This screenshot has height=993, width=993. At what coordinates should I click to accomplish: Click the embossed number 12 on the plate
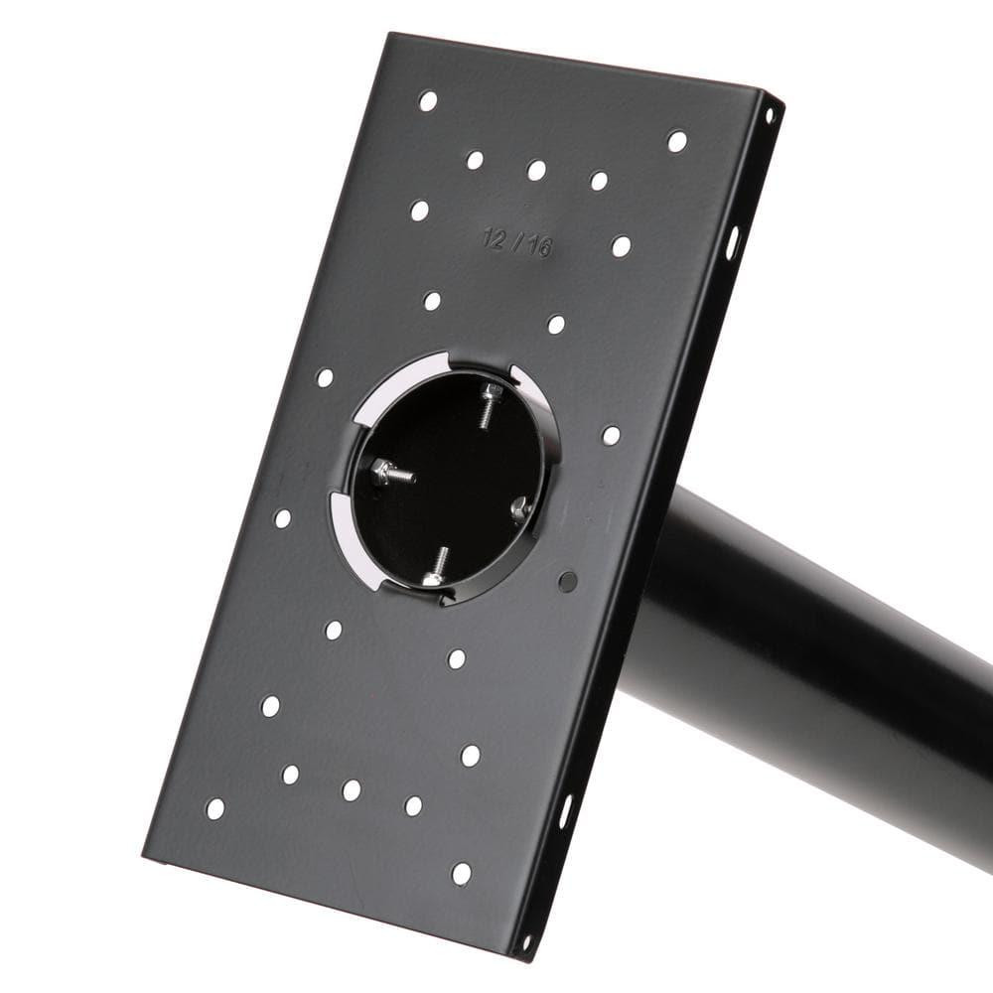(x=495, y=238)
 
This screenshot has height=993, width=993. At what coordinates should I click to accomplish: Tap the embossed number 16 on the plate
(x=539, y=246)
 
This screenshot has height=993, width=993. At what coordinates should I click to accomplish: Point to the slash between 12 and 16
(x=517, y=242)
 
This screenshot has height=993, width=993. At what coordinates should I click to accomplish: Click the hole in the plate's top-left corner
(x=428, y=100)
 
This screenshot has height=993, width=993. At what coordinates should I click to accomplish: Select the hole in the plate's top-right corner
(x=677, y=141)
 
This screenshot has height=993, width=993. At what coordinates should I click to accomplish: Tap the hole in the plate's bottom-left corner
(x=214, y=808)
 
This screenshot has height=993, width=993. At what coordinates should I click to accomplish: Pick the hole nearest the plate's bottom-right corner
(x=462, y=874)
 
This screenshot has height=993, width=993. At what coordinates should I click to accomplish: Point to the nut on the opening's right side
(x=519, y=508)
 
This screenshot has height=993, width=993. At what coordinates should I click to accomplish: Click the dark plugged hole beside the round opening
(x=568, y=582)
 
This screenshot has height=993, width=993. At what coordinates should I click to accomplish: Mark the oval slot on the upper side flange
(x=733, y=242)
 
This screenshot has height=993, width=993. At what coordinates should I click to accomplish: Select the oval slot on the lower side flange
(x=566, y=810)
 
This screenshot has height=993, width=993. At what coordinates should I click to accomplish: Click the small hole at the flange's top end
(x=768, y=115)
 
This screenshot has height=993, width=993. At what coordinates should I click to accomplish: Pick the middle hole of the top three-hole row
(x=536, y=170)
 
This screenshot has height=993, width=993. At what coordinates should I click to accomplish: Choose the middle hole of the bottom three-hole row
(x=352, y=789)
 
